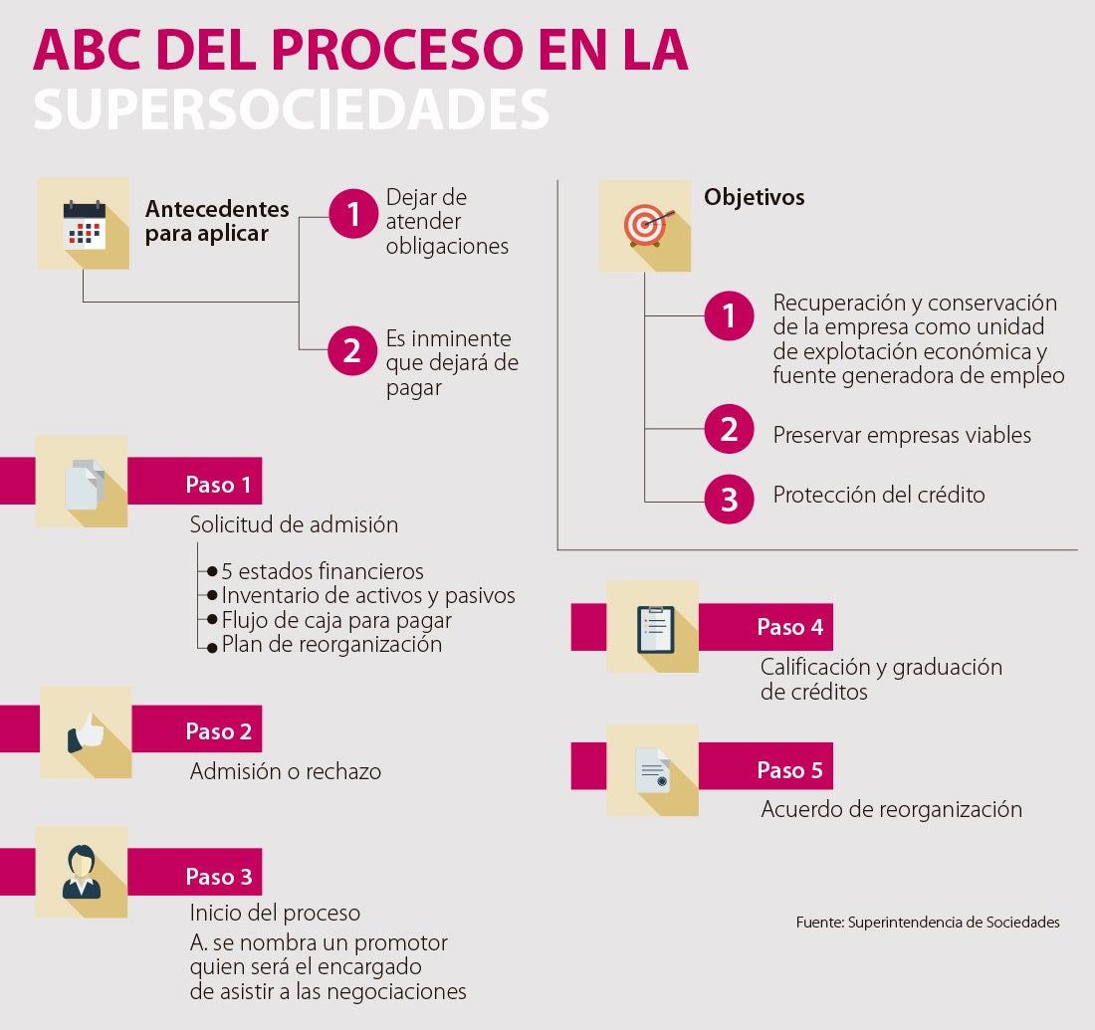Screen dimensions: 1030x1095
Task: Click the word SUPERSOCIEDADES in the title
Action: [291, 110]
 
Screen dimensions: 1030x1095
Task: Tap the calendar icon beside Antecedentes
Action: [84, 223]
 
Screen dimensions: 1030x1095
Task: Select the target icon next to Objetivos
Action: [645, 225]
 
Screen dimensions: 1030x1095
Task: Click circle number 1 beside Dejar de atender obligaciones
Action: [351, 215]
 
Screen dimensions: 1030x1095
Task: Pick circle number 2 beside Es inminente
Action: [351, 350]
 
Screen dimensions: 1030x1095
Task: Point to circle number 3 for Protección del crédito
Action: [730, 499]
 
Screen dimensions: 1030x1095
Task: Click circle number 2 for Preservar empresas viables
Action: [730, 429]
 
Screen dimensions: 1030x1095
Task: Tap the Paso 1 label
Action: [218, 486]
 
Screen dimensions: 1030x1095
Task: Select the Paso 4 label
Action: [789, 627]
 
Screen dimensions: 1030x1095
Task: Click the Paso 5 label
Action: [789, 770]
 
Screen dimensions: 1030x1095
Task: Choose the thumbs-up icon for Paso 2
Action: [86, 733]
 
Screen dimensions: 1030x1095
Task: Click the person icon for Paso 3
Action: [82, 872]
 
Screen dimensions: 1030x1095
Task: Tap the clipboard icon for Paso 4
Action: [655, 628]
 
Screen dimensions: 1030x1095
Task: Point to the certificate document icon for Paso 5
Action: [653, 771]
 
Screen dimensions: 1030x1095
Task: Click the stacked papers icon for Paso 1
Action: [84, 485]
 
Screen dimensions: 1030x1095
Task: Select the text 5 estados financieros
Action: [323, 571]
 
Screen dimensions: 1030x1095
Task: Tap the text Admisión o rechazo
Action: [286, 771]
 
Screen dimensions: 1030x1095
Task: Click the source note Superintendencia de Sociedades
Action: [928, 923]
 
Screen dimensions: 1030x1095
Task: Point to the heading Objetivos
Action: [754, 197]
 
